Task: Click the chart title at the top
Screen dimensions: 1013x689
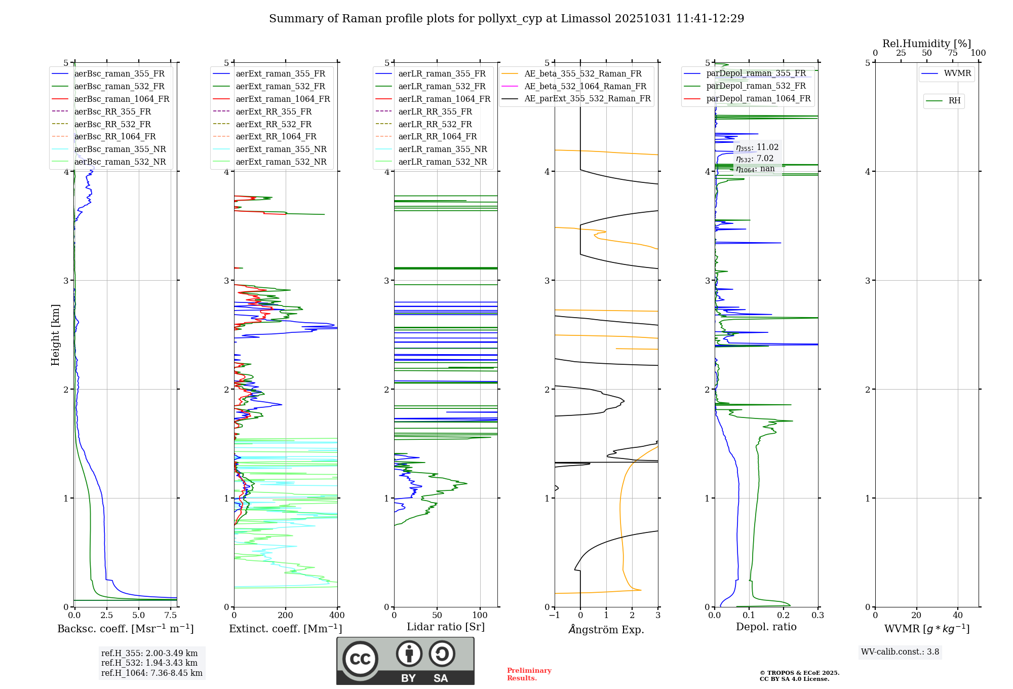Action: [x=506, y=19]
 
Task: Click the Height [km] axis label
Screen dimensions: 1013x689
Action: [x=55, y=335]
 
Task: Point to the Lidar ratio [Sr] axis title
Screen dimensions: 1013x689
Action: [x=446, y=627]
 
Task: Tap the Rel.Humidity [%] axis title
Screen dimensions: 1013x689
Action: [x=927, y=44]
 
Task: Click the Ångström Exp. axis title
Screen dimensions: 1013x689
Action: [x=606, y=629]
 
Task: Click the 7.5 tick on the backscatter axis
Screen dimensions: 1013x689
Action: [x=171, y=616]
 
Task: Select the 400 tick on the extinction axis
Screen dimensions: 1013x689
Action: [x=337, y=616]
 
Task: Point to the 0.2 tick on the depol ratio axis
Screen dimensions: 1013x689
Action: [x=784, y=616]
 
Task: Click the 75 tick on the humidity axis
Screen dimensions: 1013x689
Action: [x=953, y=53]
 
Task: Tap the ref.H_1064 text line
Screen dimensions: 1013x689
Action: [x=152, y=673]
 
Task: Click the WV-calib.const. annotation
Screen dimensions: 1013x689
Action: [x=900, y=652]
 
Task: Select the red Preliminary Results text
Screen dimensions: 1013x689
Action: [x=529, y=674]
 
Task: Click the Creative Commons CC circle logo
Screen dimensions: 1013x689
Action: [x=360, y=659]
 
